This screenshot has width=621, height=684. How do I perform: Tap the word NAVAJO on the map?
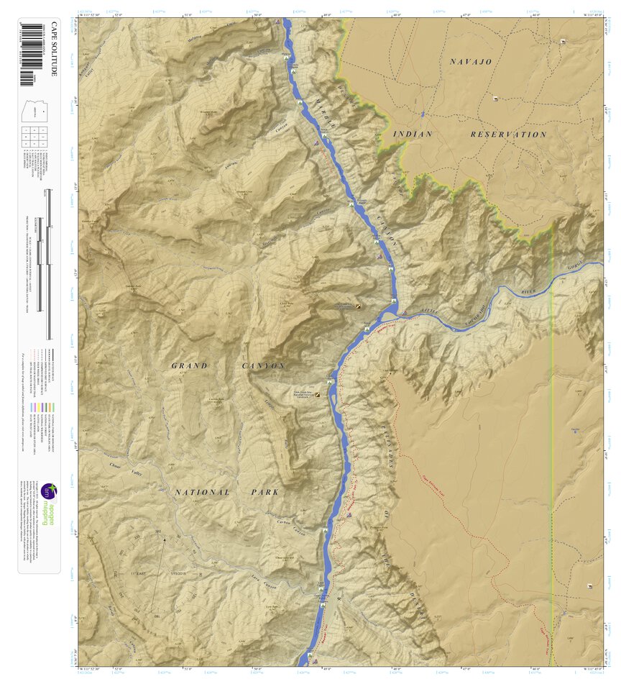click(471, 62)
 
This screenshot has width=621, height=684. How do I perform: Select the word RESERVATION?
click(508, 134)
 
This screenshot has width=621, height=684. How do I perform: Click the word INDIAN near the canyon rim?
click(413, 134)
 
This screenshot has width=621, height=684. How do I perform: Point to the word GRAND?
click(190, 366)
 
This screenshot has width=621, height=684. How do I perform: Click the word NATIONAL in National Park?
click(203, 493)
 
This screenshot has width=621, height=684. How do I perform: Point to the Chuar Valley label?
click(124, 468)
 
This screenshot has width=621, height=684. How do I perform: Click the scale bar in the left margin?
click(49, 263)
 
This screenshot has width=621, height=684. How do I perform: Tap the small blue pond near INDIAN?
click(423, 114)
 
